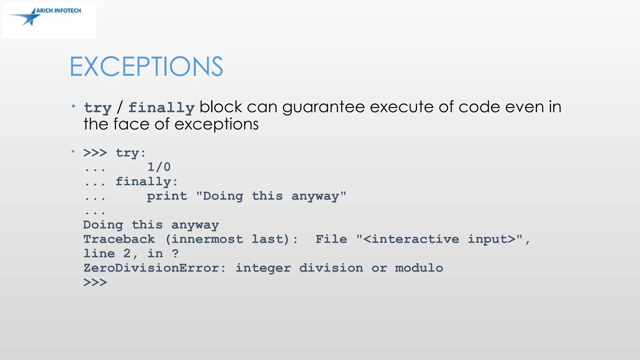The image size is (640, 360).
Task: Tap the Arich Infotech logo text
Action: [x=58, y=11]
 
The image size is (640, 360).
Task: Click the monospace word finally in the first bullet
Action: [x=161, y=107]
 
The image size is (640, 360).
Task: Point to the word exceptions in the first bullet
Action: [x=216, y=124]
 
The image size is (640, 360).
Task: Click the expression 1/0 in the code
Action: [x=159, y=167]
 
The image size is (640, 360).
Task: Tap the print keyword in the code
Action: [x=167, y=196]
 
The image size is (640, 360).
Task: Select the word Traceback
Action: [x=119, y=239]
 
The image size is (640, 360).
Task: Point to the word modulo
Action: [x=419, y=268]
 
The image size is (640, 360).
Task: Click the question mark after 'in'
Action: [x=175, y=253]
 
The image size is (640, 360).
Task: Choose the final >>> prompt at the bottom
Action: [x=95, y=282]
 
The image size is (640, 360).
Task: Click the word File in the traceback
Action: [x=331, y=239]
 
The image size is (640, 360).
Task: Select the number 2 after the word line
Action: [x=127, y=253]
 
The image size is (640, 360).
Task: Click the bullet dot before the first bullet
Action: [x=73, y=107]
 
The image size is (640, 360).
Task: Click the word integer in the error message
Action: [x=263, y=268]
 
